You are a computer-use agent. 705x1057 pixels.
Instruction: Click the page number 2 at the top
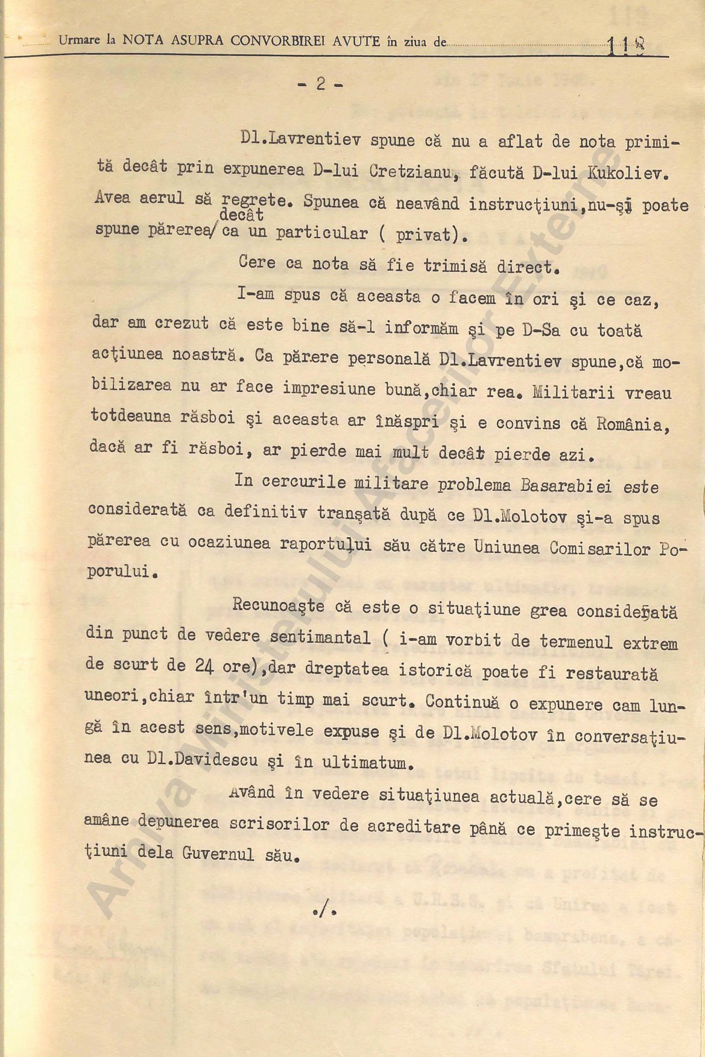(321, 84)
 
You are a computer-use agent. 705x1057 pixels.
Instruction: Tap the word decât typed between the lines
(242, 215)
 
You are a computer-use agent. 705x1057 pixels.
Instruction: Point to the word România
(633, 424)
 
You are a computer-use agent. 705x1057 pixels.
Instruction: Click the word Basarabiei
(566, 486)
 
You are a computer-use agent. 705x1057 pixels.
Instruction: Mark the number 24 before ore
(203, 665)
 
